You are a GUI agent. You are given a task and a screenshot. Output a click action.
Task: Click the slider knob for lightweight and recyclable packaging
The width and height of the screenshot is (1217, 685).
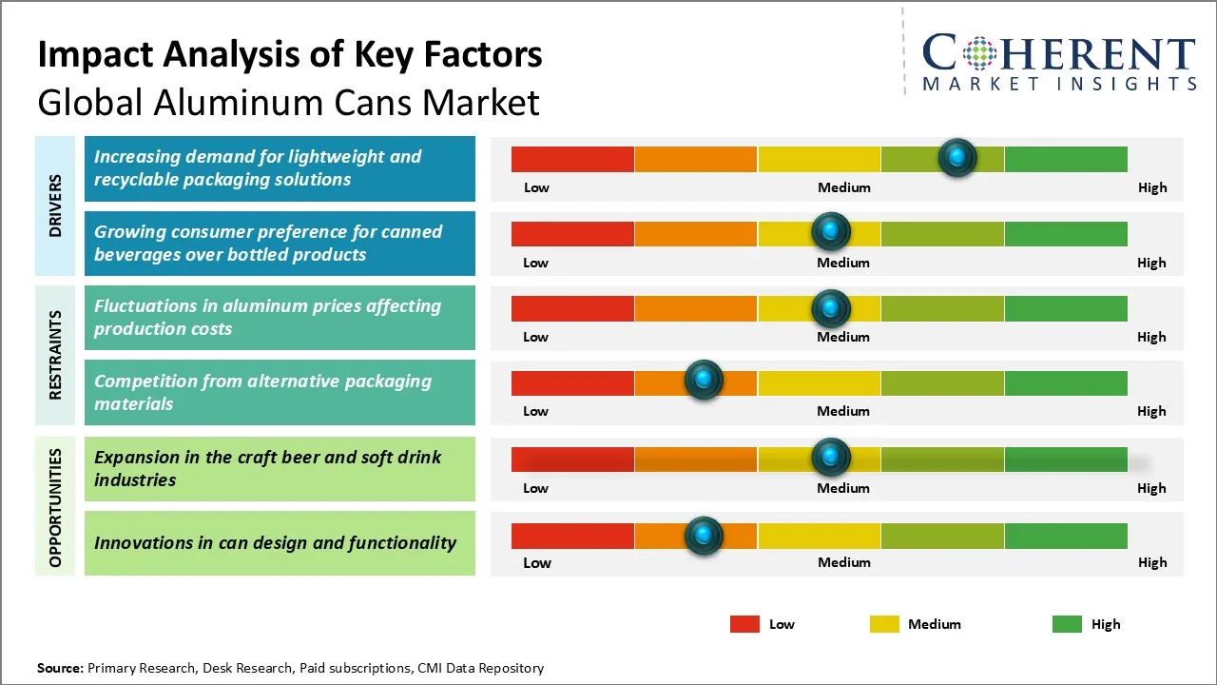[957, 157]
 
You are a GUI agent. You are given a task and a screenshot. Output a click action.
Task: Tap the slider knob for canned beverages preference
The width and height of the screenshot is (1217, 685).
[831, 231]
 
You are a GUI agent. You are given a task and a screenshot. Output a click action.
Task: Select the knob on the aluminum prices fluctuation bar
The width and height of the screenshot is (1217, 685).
[831, 307]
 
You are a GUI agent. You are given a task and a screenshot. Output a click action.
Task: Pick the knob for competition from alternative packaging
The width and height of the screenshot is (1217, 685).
[704, 381]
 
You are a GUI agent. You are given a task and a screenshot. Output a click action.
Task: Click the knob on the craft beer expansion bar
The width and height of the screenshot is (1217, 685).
[831, 458]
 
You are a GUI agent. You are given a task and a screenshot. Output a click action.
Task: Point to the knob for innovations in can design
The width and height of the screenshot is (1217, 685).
[704, 536]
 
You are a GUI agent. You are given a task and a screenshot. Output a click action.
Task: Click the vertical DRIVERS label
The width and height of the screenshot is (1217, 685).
[56, 205]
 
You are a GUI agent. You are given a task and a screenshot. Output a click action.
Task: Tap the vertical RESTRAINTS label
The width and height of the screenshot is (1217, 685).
[56, 355]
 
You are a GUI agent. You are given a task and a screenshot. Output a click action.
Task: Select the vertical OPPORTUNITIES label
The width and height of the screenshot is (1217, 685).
[56, 507]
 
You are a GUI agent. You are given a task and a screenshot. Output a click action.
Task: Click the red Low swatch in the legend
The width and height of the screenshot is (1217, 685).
[744, 624]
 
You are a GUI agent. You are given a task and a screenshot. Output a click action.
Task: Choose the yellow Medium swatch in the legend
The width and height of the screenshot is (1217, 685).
[884, 624]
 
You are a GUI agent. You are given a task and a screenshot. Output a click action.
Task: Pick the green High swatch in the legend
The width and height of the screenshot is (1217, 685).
[1067, 624]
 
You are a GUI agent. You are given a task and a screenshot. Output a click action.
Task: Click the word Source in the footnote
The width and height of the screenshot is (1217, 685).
[60, 668]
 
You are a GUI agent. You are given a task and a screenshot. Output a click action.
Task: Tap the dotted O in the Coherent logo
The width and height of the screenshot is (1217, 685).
[979, 53]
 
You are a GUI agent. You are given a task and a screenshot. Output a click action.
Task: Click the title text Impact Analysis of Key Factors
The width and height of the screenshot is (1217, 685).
[290, 55]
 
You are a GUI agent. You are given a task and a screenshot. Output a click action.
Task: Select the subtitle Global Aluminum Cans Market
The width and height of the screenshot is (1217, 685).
[288, 102]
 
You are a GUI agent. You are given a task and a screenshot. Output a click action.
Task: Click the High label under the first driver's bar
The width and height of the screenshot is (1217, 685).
[1151, 187]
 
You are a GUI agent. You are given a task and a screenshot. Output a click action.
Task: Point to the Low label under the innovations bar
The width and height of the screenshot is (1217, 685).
[536, 562]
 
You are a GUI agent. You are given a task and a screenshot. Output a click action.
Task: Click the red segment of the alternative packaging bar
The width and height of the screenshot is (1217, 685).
[572, 382]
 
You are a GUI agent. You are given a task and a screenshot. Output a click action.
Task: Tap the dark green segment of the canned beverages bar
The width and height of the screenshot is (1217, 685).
[1065, 233]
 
